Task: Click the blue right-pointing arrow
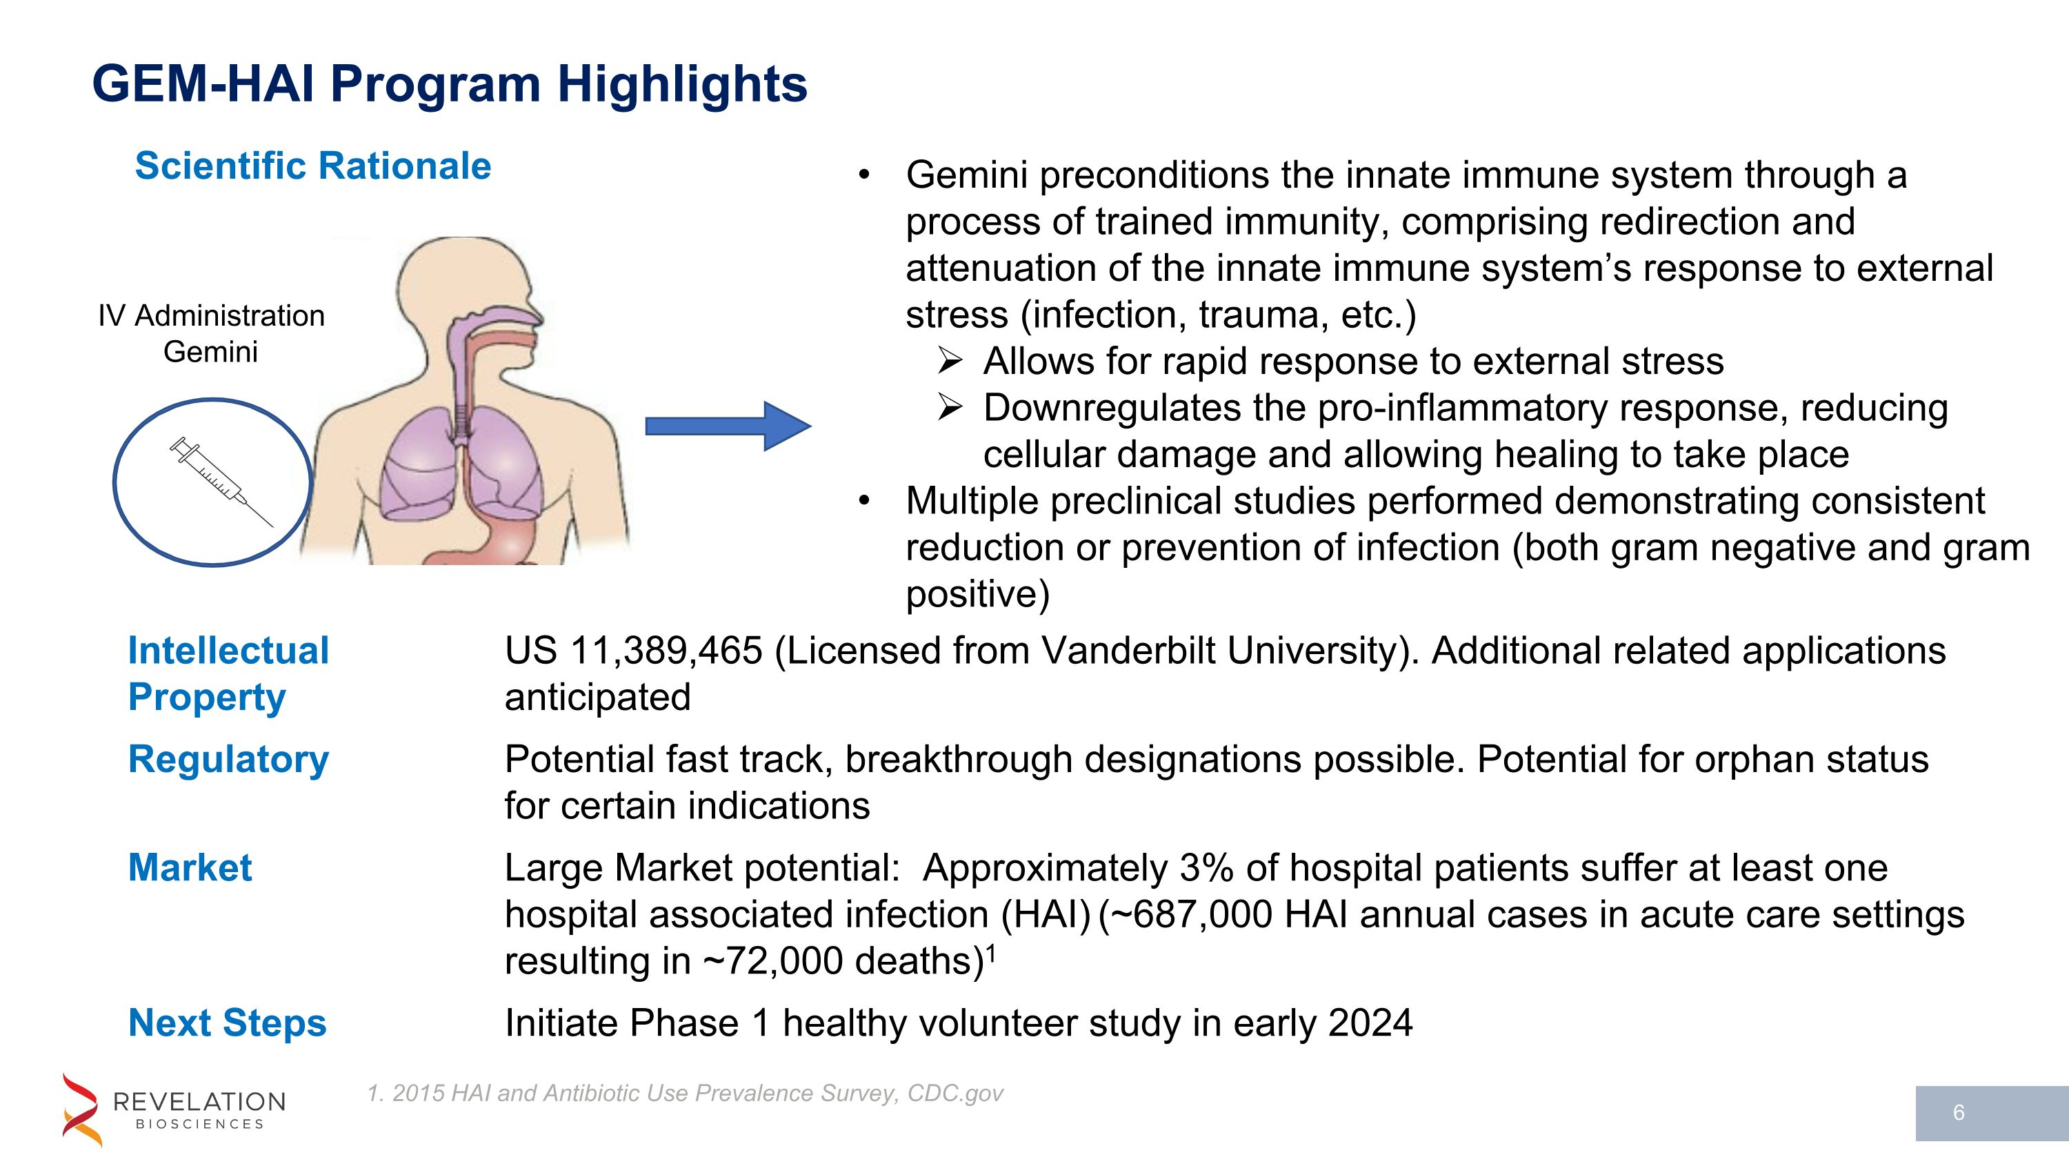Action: point(727,426)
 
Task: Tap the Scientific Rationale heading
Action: point(312,166)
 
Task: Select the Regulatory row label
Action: point(228,759)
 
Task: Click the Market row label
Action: point(190,867)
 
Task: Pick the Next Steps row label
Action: point(228,1023)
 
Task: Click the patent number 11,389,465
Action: point(666,651)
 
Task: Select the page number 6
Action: point(1958,1112)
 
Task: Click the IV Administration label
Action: point(211,316)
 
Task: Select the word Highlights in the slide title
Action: point(682,83)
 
